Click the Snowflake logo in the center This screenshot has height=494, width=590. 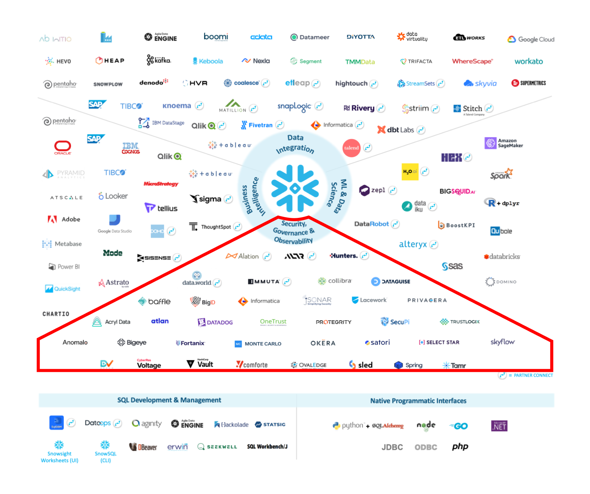295,188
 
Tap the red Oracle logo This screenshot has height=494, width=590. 63,147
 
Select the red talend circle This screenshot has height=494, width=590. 351,148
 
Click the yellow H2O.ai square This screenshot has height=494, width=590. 410,172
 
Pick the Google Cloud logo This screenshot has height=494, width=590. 531,39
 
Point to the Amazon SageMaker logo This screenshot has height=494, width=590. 504,143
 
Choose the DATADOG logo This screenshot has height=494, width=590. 215,322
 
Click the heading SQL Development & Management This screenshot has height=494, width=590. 169,400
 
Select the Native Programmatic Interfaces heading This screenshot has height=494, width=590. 418,401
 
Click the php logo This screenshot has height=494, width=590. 460,446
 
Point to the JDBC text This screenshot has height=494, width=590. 392,447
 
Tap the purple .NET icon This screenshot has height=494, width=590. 499,426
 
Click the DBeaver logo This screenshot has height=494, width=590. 143,447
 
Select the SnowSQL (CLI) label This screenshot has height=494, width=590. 105,457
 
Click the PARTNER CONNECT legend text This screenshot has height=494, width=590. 533,375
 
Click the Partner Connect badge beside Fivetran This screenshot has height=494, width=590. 280,125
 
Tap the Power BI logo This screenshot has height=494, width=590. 64,267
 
